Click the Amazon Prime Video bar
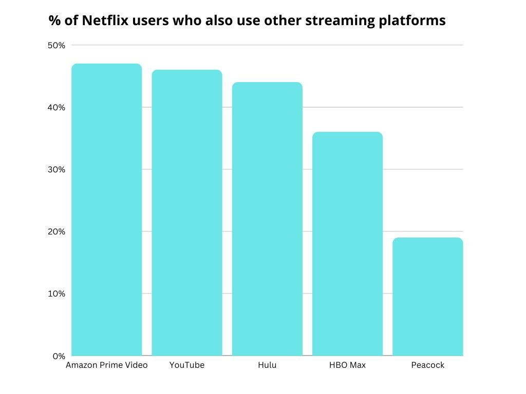(106, 210)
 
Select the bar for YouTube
(187, 213)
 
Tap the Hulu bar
(267, 219)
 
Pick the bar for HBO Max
(347, 244)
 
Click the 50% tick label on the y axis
(57, 45)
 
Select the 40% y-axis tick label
(57, 107)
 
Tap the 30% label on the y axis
(57, 169)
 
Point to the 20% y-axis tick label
(57, 231)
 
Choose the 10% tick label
(57, 293)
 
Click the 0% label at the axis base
(59, 356)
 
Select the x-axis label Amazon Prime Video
(106, 365)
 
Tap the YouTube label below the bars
(187, 365)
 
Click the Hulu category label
(267, 365)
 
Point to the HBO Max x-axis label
(347, 365)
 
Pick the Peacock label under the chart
(427, 365)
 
